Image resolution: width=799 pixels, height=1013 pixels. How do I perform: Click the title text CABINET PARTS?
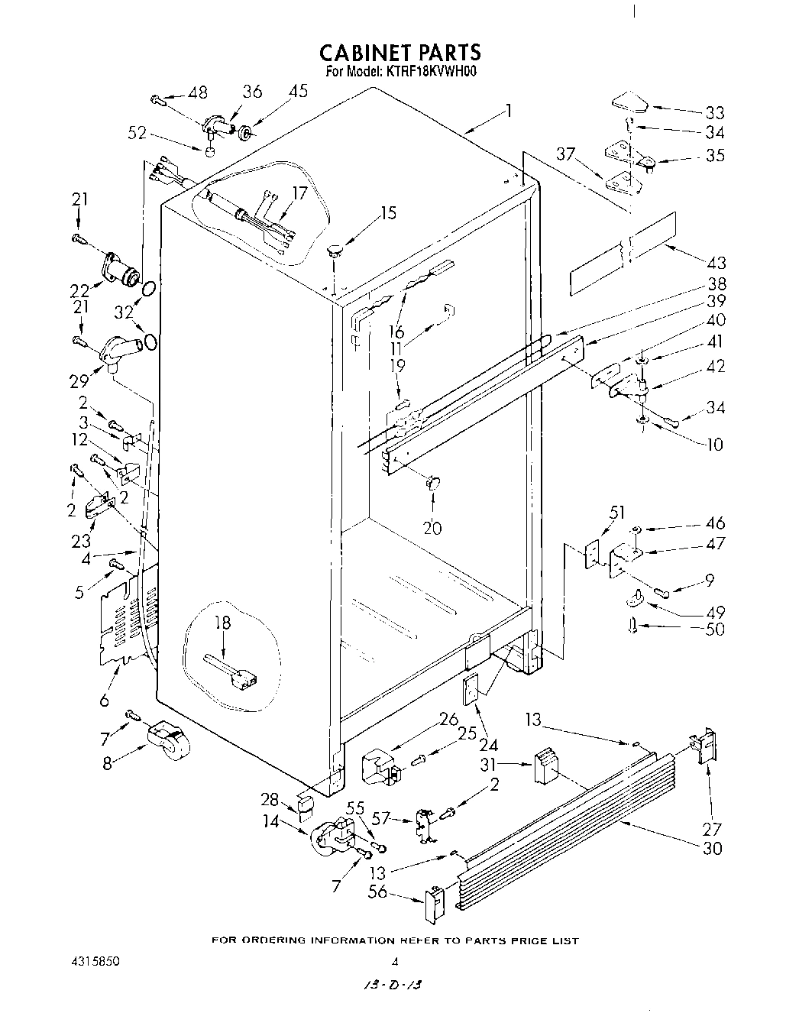point(399,53)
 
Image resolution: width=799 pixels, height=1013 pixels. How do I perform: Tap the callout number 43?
point(716,263)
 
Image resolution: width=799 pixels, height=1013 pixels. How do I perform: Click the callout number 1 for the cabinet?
point(506,112)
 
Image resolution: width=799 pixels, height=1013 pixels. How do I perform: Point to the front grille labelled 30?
point(565,795)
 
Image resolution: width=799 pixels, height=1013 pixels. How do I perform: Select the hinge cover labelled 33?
point(629,102)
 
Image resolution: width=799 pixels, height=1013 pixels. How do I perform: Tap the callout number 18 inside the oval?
point(222,623)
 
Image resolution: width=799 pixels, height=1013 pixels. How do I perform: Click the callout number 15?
point(389,212)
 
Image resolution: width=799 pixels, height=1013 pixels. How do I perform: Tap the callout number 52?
point(137,132)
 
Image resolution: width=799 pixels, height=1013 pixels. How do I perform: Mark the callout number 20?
point(432,527)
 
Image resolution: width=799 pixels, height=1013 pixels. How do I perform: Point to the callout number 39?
point(717,302)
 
